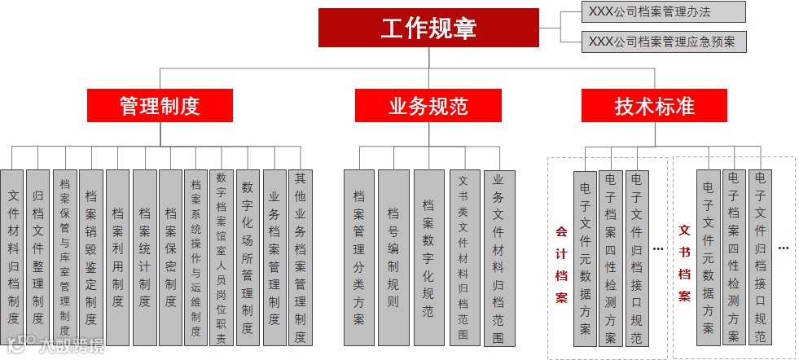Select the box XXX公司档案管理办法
[x=664, y=11]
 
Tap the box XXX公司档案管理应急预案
[x=664, y=41]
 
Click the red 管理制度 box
[x=160, y=106]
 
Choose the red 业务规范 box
[x=428, y=106]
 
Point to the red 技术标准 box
[x=654, y=106]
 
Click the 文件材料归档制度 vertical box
[x=13, y=257]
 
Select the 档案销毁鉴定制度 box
[x=91, y=257]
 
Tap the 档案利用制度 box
[x=118, y=257]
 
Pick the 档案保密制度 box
[x=170, y=257]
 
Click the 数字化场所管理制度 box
[x=248, y=257]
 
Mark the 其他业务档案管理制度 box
[x=301, y=257]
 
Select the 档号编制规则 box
[x=393, y=257]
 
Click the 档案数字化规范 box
[x=428, y=257]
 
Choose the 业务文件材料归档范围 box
[x=498, y=257]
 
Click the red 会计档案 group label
[x=561, y=264]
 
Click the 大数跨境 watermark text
[x=73, y=346]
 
